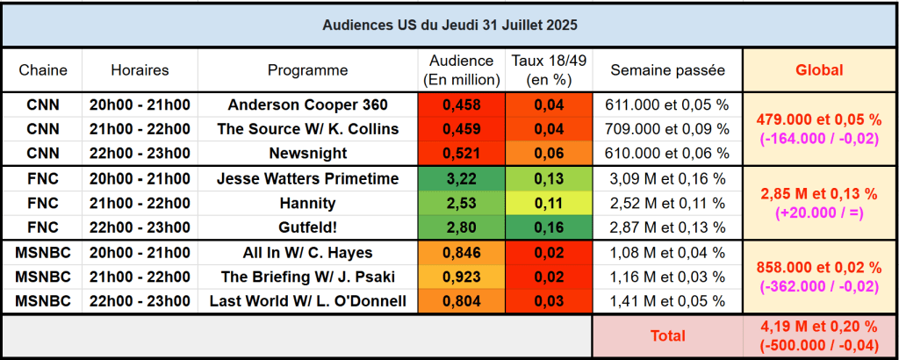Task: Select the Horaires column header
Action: pyautogui.click(x=140, y=70)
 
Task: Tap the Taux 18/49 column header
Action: pyautogui.click(x=549, y=70)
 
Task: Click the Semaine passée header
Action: pyautogui.click(x=667, y=70)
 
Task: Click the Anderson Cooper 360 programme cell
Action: pyautogui.click(x=307, y=105)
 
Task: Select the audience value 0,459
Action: pyautogui.click(x=461, y=129)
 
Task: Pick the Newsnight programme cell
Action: pyautogui.click(x=307, y=153)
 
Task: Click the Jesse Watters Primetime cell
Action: pyautogui.click(x=307, y=179)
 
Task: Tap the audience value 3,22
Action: pyautogui.click(x=461, y=179)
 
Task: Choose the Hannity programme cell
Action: pyautogui.click(x=307, y=204)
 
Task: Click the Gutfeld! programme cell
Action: pyautogui.click(x=307, y=227)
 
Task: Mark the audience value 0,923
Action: pyautogui.click(x=461, y=277)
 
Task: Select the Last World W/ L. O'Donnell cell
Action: pyautogui.click(x=307, y=301)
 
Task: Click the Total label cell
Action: pyautogui.click(x=667, y=335)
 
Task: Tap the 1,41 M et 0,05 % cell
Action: pyautogui.click(x=667, y=301)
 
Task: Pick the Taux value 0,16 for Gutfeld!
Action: pyautogui.click(x=549, y=227)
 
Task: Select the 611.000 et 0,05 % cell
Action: pyautogui.click(x=667, y=105)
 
